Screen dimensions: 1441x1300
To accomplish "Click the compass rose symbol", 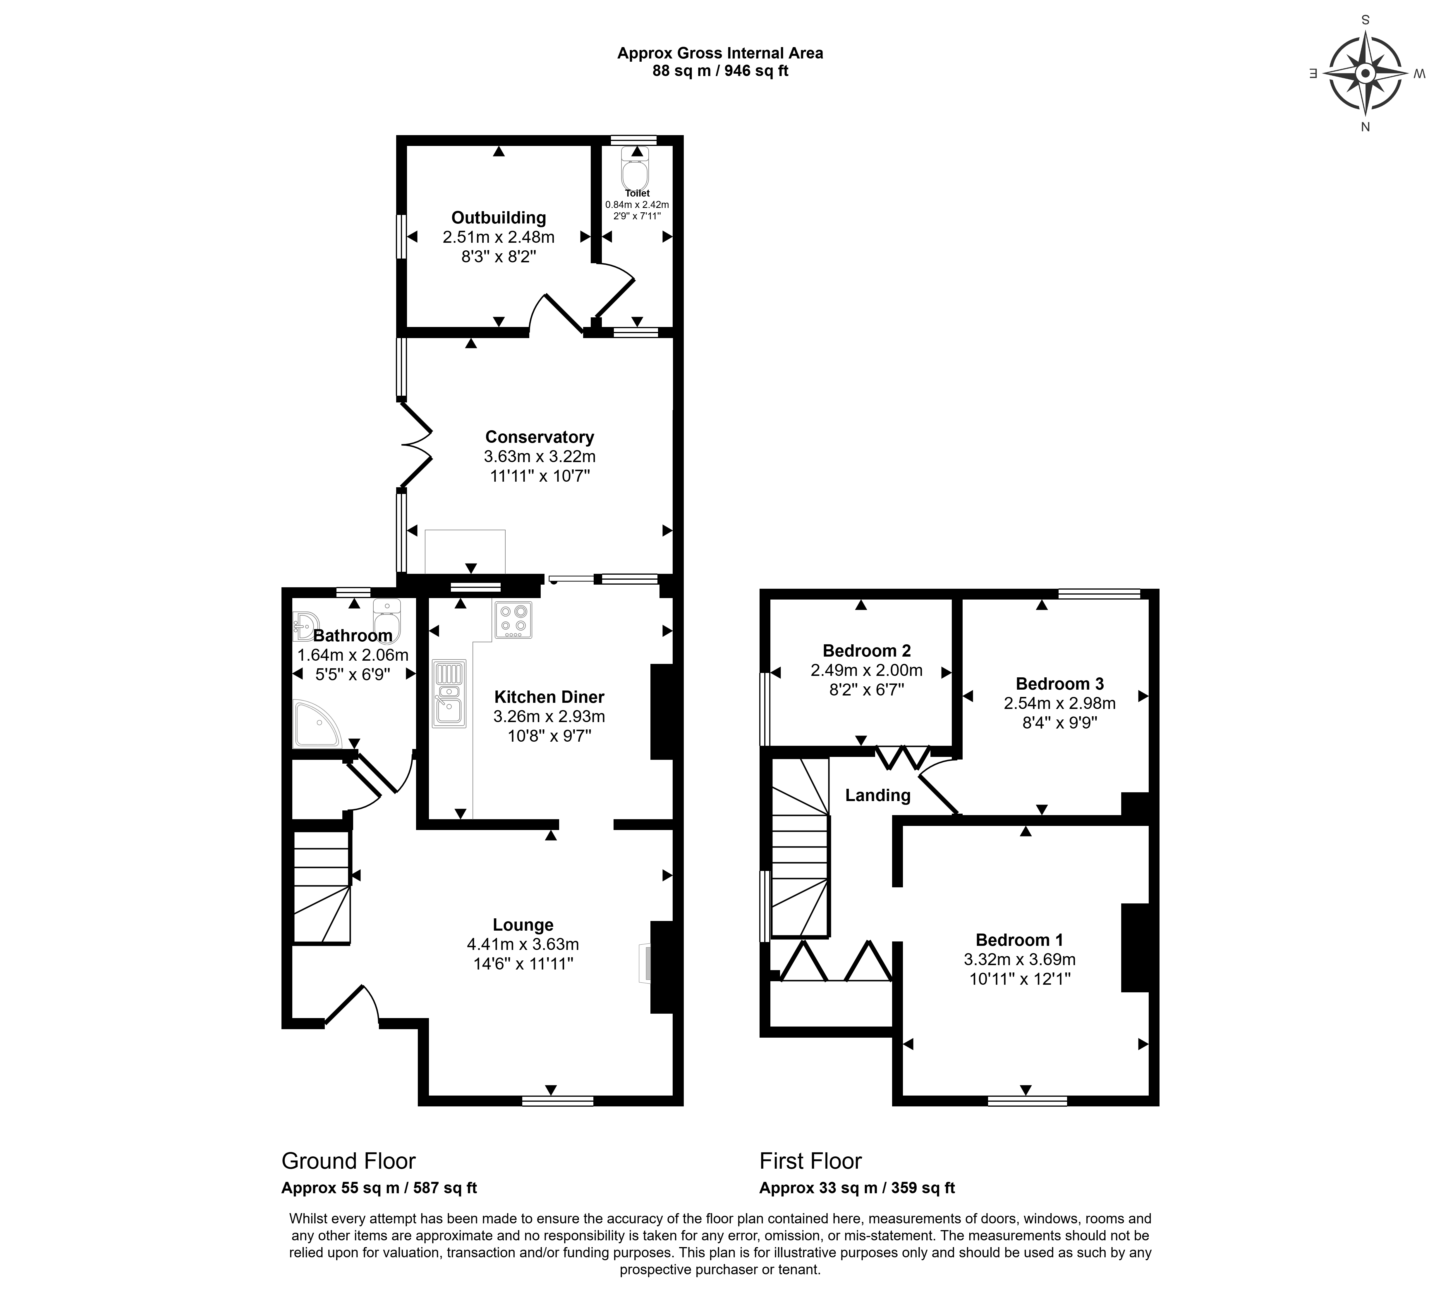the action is tap(1365, 74).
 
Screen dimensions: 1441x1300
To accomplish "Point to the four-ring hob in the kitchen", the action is tap(512, 619).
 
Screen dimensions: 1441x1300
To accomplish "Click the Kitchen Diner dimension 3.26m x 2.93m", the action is tap(549, 716).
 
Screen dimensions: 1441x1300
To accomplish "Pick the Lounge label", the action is tap(523, 925).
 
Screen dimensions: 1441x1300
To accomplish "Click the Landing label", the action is tap(877, 795).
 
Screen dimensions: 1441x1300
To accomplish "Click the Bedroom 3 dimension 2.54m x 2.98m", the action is tap(1059, 703).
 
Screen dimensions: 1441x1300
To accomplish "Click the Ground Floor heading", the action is tap(349, 1161).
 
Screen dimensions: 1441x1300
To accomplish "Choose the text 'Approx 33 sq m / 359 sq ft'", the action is tap(857, 1188).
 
